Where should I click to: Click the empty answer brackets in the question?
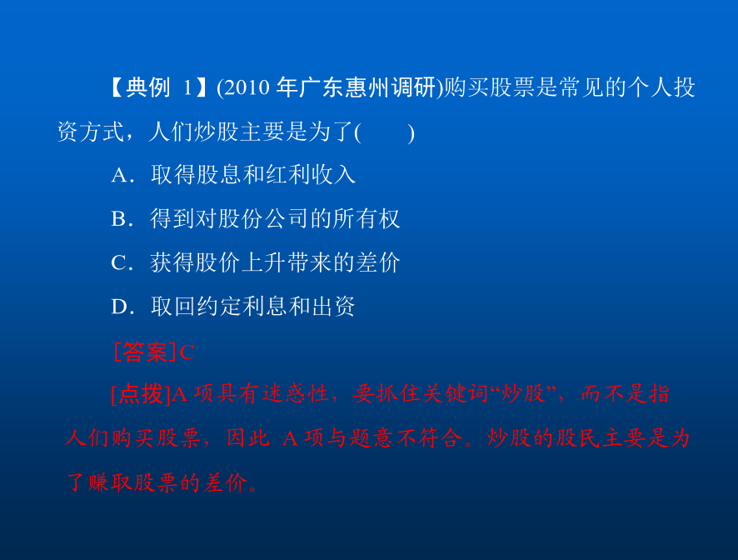[385, 132]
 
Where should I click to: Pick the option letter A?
[120, 175]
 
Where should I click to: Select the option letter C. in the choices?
[122, 262]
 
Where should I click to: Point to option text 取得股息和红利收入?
[252, 175]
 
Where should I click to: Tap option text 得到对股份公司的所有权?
[276, 218]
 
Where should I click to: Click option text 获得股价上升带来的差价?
[276, 262]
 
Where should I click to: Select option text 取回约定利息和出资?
[252, 306]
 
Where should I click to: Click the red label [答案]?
[145, 352]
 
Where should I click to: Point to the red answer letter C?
[187, 352]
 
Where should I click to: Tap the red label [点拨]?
[140, 393]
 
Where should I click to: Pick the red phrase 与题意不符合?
[396, 438]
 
